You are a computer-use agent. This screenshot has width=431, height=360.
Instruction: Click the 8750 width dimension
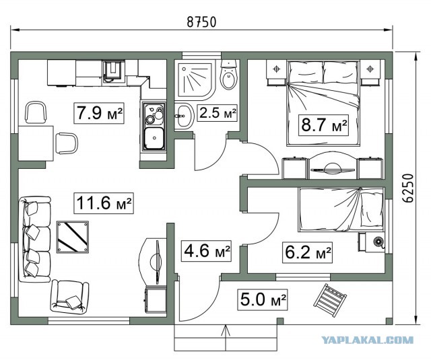click(x=201, y=22)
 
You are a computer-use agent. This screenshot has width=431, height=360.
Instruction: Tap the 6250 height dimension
click(x=409, y=188)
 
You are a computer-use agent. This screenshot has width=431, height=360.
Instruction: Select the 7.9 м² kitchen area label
click(x=99, y=113)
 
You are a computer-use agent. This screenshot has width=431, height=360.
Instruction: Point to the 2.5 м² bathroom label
click(x=218, y=112)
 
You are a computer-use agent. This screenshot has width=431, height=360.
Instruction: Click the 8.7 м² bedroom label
click(x=323, y=125)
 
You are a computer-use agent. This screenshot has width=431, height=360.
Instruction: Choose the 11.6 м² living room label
click(x=103, y=203)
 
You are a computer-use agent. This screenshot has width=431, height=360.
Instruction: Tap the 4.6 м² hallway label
click(x=206, y=251)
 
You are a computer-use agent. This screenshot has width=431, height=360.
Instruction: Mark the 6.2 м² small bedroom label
click(x=307, y=252)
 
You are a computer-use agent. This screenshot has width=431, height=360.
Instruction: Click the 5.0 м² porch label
click(x=263, y=299)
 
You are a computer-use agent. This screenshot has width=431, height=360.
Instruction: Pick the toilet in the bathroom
click(x=228, y=75)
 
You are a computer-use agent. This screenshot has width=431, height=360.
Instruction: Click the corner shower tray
click(x=195, y=79)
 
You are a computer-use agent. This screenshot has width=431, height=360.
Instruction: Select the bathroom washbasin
click(x=184, y=116)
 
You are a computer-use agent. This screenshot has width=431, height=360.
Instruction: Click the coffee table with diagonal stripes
click(x=73, y=237)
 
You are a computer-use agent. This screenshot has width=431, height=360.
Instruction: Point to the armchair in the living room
click(x=69, y=297)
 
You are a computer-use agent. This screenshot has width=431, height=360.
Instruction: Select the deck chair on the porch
click(x=329, y=300)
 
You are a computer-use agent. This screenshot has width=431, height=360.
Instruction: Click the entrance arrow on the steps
click(x=226, y=338)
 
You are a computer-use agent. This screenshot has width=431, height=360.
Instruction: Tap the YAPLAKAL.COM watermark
click(x=367, y=340)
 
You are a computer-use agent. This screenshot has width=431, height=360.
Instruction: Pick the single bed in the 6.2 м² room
click(x=341, y=209)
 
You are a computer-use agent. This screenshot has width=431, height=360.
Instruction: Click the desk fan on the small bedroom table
click(x=378, y=242)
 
